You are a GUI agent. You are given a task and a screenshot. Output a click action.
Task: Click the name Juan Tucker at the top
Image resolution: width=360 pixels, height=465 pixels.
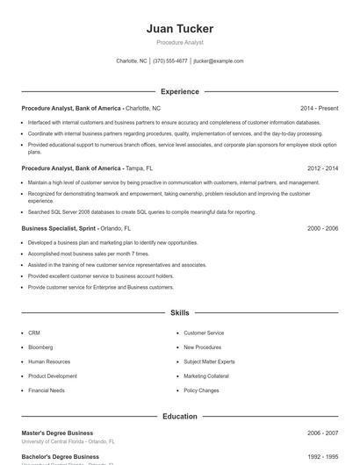pos(179,29)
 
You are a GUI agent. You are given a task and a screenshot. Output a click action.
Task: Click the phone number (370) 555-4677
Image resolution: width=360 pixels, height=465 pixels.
pos(170,61)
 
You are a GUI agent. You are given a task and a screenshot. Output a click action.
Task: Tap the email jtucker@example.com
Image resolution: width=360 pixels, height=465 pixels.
pos(219,61)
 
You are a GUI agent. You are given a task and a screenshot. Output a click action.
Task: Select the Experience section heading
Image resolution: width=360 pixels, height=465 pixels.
pos(179,91)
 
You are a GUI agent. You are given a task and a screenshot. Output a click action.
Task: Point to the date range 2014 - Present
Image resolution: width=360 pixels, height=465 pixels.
pos(319,108)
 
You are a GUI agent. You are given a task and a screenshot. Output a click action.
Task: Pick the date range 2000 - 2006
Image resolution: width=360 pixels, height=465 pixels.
pos(322,228)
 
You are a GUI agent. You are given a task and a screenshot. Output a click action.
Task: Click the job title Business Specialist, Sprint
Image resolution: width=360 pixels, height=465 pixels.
pos(58,228)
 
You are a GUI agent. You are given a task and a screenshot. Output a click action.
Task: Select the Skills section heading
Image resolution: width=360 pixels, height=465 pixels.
pos(179,312)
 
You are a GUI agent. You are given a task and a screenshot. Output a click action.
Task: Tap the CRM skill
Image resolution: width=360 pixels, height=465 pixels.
pos(34,333)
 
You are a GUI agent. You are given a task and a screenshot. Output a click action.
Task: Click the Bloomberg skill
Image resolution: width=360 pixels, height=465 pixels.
pos(40,347)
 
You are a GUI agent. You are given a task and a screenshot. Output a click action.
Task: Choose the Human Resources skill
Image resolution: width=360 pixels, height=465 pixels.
pos(49,361)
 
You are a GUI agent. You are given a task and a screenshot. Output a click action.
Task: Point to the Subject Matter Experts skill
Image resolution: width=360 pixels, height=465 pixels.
pos(209,361)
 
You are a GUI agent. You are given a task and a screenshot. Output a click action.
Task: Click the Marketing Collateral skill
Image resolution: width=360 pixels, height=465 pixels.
pos(206,376)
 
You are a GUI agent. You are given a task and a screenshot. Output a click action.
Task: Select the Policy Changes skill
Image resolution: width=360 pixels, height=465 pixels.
pos(201,390)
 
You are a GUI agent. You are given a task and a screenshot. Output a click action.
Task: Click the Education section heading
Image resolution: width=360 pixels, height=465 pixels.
pos(179,417)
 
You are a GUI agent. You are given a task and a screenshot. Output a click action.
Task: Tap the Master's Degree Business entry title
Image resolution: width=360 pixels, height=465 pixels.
pos(57,433)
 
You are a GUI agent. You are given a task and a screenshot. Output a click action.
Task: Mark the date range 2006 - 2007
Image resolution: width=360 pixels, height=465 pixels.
pos(322,433)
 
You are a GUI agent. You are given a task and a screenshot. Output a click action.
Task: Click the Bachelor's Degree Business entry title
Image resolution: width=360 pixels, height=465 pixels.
pos(60,457)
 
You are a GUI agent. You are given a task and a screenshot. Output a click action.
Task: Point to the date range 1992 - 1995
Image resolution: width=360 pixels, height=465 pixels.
pos(322,457)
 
